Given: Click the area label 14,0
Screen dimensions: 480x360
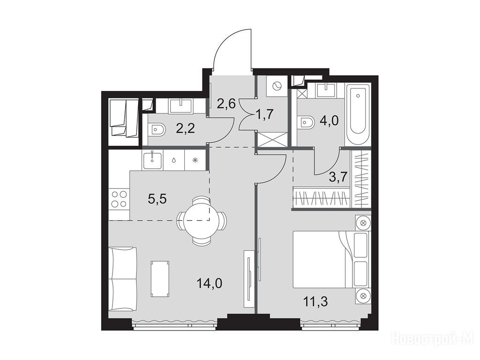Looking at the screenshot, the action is point(210,284).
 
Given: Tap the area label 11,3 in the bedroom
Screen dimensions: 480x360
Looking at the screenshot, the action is point(315,302).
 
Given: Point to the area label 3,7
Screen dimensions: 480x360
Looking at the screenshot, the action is point(338,177).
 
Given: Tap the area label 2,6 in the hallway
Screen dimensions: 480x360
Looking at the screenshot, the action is point(226,104).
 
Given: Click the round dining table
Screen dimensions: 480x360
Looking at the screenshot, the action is point(201,220).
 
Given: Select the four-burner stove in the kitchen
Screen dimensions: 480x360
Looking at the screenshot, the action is point(120,199).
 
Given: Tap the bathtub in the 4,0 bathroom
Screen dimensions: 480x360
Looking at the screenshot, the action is point(358,115).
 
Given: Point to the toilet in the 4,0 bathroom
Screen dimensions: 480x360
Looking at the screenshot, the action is point(306,123).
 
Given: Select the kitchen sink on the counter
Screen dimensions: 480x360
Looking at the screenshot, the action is point(152,160).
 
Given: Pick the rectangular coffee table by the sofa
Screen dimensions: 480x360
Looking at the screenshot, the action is point(160,278).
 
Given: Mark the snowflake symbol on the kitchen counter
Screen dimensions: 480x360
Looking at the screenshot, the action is point(195,160).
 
